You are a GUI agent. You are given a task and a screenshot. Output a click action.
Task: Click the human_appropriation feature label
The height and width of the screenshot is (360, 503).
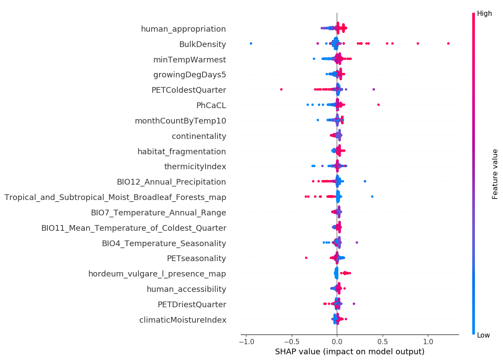(x=183, y=29)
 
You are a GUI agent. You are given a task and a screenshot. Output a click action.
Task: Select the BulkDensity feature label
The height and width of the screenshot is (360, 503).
(x=203, y=44)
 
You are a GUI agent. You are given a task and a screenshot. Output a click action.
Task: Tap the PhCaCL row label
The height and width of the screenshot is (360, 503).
(x=211, y=105)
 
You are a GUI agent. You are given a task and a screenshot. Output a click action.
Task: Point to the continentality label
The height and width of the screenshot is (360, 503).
(x=199, y=136)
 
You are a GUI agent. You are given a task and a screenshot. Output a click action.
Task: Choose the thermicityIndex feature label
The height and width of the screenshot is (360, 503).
(x=195, y=167)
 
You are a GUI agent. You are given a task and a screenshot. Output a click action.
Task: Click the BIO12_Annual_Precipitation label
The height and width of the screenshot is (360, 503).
(x=171, y=182)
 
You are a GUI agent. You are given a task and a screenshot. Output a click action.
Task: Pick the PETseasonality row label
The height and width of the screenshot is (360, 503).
(x=196, y=258)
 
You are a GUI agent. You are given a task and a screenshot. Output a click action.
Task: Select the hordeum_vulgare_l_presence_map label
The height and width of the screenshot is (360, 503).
(x=157, y=274)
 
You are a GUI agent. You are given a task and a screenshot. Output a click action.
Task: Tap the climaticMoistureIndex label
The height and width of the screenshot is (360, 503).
(x=183, y=320)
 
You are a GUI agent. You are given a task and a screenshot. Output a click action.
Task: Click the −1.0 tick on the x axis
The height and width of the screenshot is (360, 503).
(x=246, y=342)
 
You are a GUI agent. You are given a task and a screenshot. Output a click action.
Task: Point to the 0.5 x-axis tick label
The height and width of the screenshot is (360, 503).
(x=383, y=342)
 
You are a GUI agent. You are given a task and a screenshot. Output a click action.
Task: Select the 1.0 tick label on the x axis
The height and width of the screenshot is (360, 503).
(x=428, y=342)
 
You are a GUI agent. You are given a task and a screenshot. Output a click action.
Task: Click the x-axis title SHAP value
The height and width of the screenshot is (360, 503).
(x=350, y=352)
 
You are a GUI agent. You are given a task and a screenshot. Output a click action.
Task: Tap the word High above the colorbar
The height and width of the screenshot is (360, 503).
(x=484, y=14)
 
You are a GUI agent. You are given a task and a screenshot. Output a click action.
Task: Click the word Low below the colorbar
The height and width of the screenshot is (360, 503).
(x=483, y=335)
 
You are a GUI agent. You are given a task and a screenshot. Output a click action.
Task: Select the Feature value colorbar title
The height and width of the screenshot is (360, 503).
(x=495, y=174)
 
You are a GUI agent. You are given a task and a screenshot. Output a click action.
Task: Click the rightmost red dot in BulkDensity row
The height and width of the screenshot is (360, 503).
(x=448, y=44)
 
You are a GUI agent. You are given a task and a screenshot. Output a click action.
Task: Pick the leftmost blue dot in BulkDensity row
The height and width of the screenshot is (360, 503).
(x=251, y=44)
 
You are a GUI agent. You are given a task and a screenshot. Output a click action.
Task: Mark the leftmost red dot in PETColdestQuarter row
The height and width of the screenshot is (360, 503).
(x=281, y=90)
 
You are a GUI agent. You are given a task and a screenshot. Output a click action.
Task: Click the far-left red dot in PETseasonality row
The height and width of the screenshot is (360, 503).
(x=306, y=258)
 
